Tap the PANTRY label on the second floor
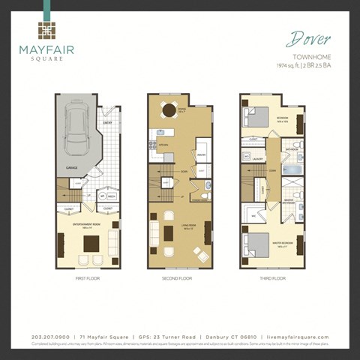pos(201,155)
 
